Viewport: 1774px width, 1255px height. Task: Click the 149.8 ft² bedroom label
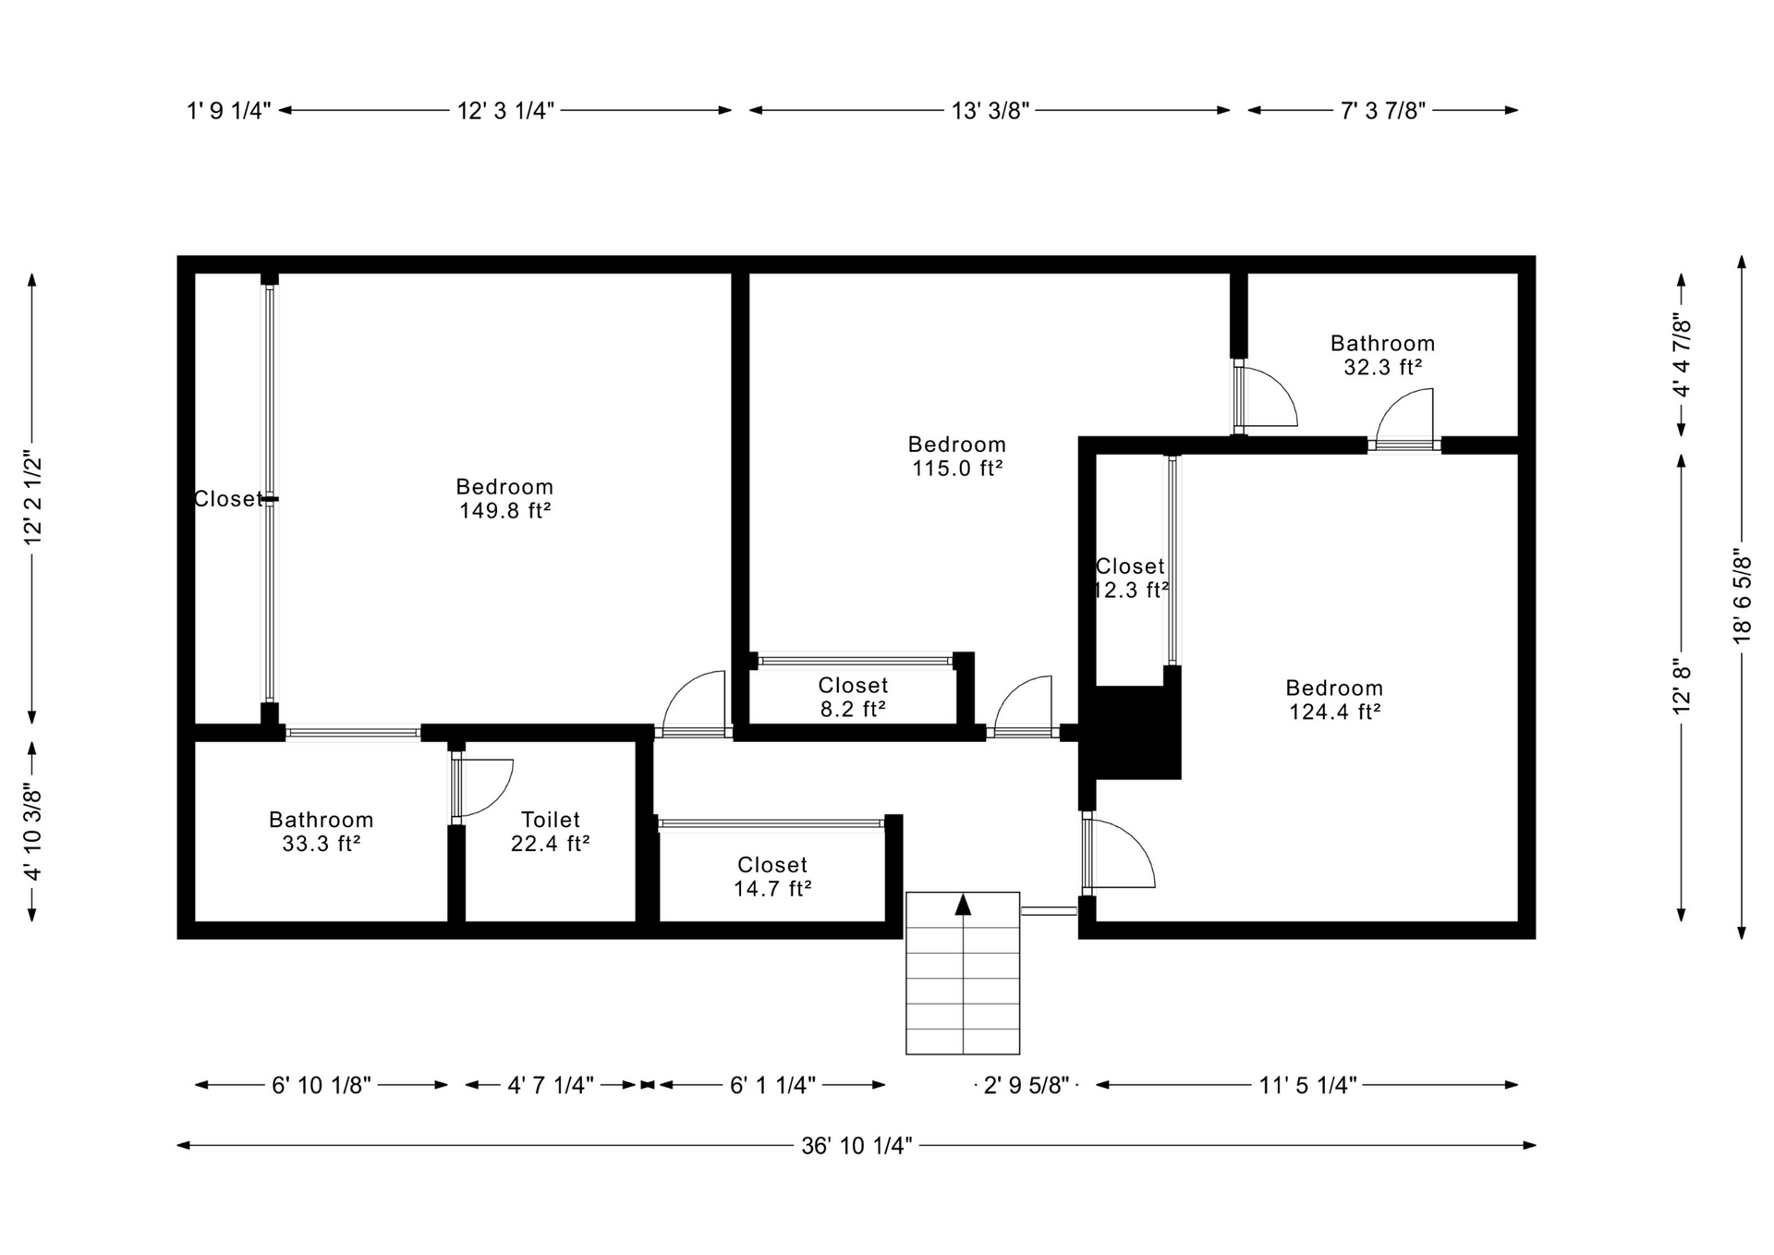(x=504, y=498)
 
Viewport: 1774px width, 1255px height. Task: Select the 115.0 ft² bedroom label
(x=957, y=457)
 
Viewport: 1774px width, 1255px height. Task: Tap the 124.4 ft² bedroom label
(x=1334, y=700)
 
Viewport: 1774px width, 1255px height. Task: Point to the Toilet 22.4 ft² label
(x=551, y=832)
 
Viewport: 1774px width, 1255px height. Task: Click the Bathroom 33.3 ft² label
(x=321, y=832)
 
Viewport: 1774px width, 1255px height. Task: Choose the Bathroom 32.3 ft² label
(x=1382, y=355)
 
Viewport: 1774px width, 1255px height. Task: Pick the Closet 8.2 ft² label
(x=853, y=697)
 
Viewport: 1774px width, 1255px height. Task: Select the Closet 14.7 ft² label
(x=772, y=876)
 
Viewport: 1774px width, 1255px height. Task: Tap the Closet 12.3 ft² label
(x=1130, y=578)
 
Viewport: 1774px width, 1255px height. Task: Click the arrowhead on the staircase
(x=963, y=904)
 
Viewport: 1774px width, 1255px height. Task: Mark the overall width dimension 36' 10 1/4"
(x=857, y=1146)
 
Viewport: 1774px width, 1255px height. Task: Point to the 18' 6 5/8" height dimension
(x=1742, y=597)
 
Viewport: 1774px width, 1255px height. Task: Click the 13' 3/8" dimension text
(x=990, y=111)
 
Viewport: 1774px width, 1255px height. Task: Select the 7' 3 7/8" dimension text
(x=1383, y=111)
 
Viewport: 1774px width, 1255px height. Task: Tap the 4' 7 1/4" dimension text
(x=551, y=1085)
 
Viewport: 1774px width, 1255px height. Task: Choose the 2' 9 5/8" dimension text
(x=1026, y=1085)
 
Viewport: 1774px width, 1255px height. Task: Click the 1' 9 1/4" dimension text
(x=229, y=111)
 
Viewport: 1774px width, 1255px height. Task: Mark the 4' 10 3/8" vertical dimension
(x=32, y=832)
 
